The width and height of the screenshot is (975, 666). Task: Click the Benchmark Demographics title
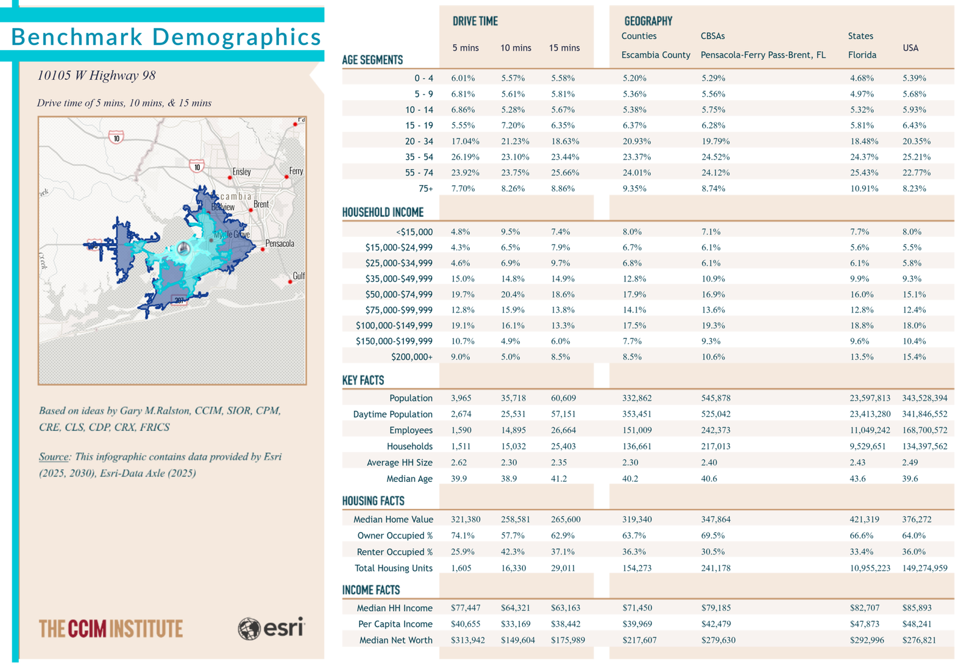point(166,37)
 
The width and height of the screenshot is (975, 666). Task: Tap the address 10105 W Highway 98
point(96,76)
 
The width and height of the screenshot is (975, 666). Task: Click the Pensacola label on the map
point(280,243)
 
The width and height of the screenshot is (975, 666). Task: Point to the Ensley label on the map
point(241,171)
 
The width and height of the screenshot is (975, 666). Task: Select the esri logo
point(272,628)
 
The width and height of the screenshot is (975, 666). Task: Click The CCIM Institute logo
point(110,629)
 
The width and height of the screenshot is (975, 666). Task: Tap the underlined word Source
point(54,456)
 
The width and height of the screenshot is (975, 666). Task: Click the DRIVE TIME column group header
point(475,21)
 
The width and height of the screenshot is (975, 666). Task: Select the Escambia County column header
point(656,55)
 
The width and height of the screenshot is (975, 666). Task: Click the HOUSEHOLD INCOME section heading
point(383,212)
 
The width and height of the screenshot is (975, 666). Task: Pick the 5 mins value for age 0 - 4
point(463,79)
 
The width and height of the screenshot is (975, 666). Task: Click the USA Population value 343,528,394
point(924,398)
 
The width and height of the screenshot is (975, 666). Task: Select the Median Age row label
point(409,479)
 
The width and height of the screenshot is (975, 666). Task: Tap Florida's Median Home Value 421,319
point(864,519)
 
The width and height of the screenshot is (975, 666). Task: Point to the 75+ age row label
point(426,188)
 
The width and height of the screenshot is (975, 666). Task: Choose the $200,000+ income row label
point(412,357)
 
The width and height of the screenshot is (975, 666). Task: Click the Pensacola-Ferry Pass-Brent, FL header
point(763,55)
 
